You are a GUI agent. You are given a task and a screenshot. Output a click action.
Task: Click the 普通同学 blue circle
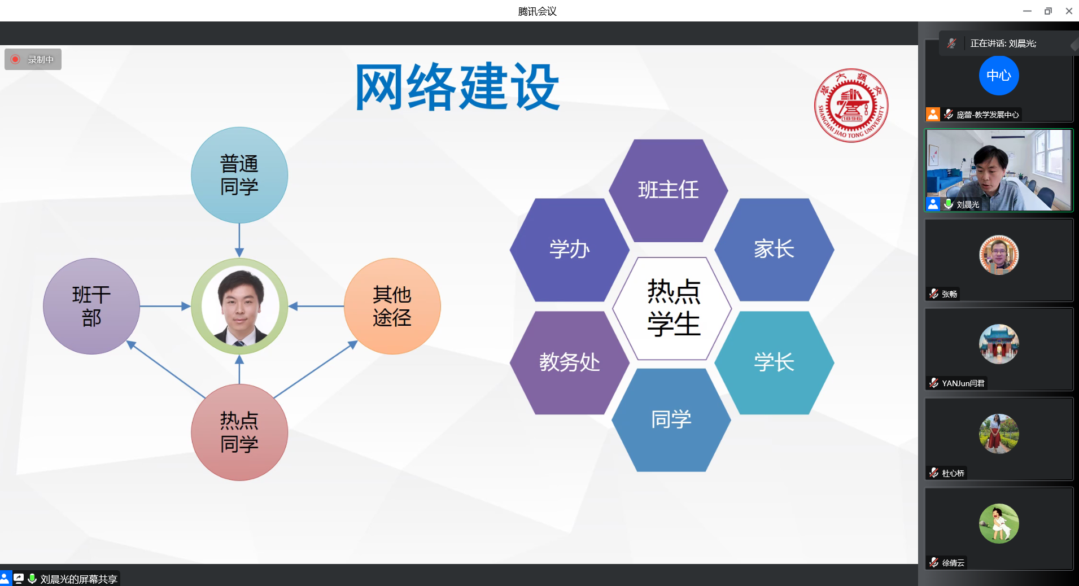pyautogui.click(x=239, y=175)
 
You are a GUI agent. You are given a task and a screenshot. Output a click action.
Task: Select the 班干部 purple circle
pyautogui.click(x=91, y=306)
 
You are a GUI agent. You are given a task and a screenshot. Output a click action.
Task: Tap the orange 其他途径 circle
pyautogui.click(x=392, y=306)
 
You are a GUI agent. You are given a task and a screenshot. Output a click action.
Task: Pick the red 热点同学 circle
pyautogui.click(x=239, y=432)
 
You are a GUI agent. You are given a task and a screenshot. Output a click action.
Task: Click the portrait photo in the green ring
pyautogui.click(x=239, y=306)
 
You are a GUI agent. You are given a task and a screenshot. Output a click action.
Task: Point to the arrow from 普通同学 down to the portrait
pyautogui.click(x=239, y=240)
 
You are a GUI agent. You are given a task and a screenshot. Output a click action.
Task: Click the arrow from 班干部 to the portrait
pyautogui.click(x=165, y=306)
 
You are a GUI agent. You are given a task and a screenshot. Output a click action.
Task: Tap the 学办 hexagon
pyautogui.click(x=569, y=250)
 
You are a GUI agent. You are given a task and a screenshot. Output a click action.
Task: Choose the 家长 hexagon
pyautogui.click(x=774, y=250)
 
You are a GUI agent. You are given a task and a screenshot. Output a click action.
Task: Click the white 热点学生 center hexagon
pyautogui.click(x=672, y=308)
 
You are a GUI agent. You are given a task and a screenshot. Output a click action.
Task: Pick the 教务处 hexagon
pyautogui.click(x=569, y=362)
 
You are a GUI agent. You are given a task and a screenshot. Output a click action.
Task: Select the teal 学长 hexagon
pyautogui.click(x=774, y=362)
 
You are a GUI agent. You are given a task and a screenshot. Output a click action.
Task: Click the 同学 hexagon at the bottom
pyautogui.click(x=671, y=420)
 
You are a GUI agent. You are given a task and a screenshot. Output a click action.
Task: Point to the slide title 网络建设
pyautogui.click(x=457, y=87)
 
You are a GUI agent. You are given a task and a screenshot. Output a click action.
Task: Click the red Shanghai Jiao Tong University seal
pyautogui.click(x=851, y=106)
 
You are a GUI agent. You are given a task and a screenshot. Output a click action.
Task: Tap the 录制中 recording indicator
pyautogui.click(x=33, y=59)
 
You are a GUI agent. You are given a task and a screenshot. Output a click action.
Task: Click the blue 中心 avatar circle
pyautogui.click(x=999, y=76)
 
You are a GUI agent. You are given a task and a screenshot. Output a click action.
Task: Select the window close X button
pyautogui.click(x=1069, y=11)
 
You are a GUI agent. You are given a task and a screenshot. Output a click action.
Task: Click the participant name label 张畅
pyautogui.click(x=949, y=294)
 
